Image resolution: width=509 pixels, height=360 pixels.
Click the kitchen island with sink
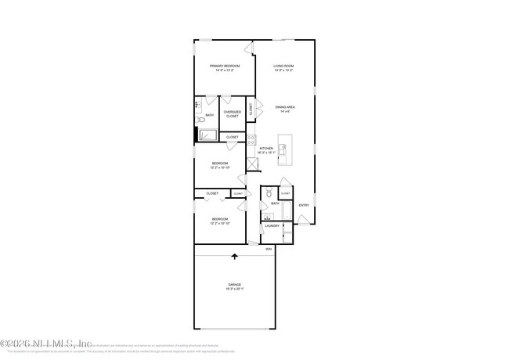click(283, 149)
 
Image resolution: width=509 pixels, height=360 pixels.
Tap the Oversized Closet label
click(233, 114)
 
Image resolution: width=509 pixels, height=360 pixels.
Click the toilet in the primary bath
click(200, 120)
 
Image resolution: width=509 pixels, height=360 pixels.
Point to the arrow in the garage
click(234, 256)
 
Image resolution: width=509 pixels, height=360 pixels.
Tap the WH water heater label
click(268, 250)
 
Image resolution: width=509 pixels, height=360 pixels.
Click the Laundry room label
click(272, 226)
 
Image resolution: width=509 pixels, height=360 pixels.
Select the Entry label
click(304, 205)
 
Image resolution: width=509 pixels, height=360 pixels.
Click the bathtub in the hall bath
click(286, 211)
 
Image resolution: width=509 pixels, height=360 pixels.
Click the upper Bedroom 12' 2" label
click(219, 165)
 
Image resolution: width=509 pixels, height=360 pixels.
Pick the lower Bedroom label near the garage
click(219, 221)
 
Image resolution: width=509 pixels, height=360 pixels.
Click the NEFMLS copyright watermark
click(47, 343)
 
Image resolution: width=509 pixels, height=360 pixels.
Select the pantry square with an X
click(252, 164)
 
